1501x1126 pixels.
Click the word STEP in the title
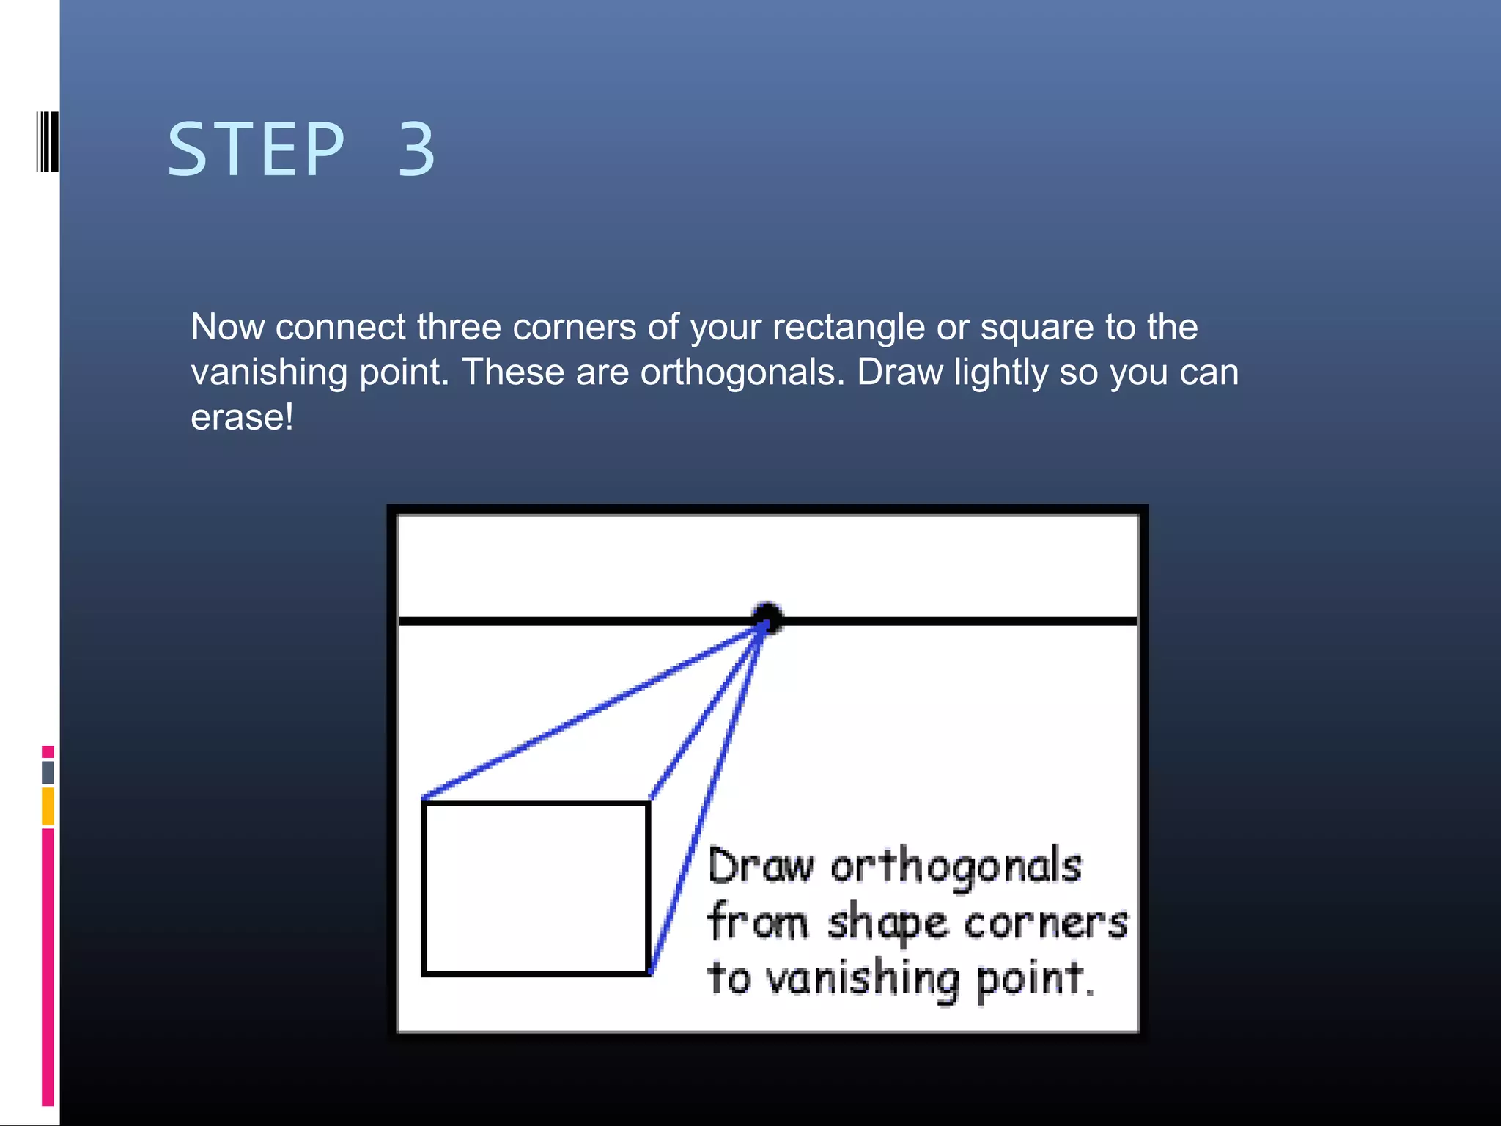coord(256,150)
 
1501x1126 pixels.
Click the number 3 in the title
coord(416,150)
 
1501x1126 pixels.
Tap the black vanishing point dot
coord(767,617)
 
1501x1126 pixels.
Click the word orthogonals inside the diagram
coord(956,867)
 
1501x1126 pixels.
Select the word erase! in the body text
coord(242,418)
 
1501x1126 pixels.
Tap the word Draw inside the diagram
coord(760,867)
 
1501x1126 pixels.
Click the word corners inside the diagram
coord(1045,924)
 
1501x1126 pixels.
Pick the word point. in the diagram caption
coord(1035,979)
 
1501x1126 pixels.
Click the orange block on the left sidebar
coord(48,806)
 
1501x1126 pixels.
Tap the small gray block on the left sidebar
coord(48,772)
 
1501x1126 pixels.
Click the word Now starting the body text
coord(227,327)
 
